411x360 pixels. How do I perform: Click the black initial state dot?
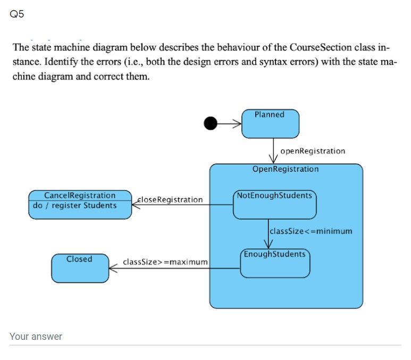[211, 123]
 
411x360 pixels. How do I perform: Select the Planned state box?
[270, 124]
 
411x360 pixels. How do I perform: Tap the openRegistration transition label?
[313, 152]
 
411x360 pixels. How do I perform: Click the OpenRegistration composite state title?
[286, 169]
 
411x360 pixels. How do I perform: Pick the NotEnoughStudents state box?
[275, 205]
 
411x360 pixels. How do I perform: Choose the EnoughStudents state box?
[275, 263]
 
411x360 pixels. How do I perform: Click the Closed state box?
[80, 268]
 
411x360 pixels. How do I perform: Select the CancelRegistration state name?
[80, 195]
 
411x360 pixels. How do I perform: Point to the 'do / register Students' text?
[75, 206]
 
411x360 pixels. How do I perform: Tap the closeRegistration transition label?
[170, 200]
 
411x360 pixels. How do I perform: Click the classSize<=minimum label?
[311, 231]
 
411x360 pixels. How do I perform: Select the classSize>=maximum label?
[165, 262]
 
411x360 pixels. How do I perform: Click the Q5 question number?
[17, 14]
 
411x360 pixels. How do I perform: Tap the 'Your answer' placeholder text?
[36, 337]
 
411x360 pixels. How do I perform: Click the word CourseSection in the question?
[321, 47]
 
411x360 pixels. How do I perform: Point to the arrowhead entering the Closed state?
[113, 269]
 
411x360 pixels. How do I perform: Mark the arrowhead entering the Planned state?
[237, 123]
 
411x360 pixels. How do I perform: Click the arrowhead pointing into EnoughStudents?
[268, 244]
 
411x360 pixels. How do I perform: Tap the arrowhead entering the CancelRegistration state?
[136, 205]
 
